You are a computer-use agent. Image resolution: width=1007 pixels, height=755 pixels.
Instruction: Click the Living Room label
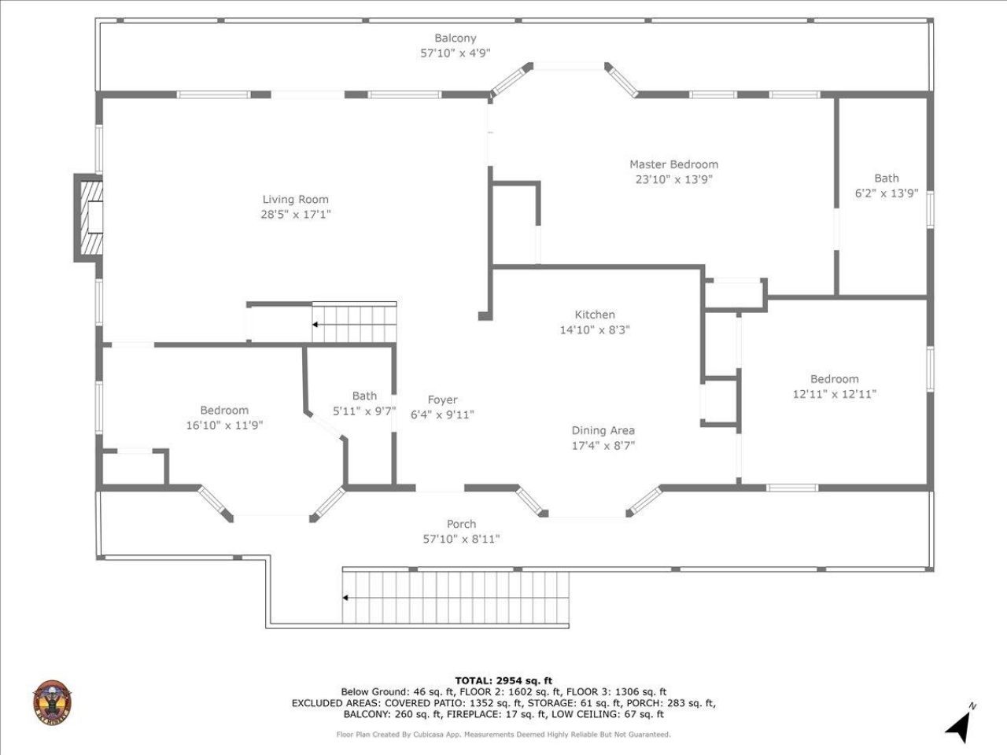click(295, 200)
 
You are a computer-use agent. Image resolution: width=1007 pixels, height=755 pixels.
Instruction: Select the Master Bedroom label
click(673, 164)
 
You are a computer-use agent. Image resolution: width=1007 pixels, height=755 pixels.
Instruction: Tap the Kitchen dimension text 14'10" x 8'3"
click(594, 330)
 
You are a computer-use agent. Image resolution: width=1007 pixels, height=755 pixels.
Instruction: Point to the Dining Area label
click(603, 430)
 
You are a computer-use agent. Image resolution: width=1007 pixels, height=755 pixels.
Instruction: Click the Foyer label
click(442, 400)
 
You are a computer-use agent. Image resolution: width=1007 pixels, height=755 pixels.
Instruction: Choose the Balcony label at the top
click(456, 38)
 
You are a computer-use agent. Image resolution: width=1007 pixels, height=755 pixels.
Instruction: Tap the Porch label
click(461, 524)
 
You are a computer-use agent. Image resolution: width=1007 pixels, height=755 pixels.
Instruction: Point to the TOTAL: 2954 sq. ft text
click(503, 680)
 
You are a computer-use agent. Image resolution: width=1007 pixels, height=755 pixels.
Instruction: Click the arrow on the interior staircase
click(315, 324)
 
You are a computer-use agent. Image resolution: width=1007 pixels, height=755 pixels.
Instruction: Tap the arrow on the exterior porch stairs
click(346, 598)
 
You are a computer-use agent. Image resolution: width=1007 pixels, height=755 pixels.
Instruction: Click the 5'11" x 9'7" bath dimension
click(364, 410)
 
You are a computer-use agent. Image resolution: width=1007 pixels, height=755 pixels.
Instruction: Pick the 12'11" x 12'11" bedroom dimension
click(834, 394)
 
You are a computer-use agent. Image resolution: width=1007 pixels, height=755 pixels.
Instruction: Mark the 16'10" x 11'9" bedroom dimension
click(223, 424)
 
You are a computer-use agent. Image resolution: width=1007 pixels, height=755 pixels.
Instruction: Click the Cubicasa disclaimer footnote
click(503, 735)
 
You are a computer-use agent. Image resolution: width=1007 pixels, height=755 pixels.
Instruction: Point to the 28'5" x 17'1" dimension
click(295, 214)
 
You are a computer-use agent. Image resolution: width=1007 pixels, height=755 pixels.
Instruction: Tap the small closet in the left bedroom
click(135, 469)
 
